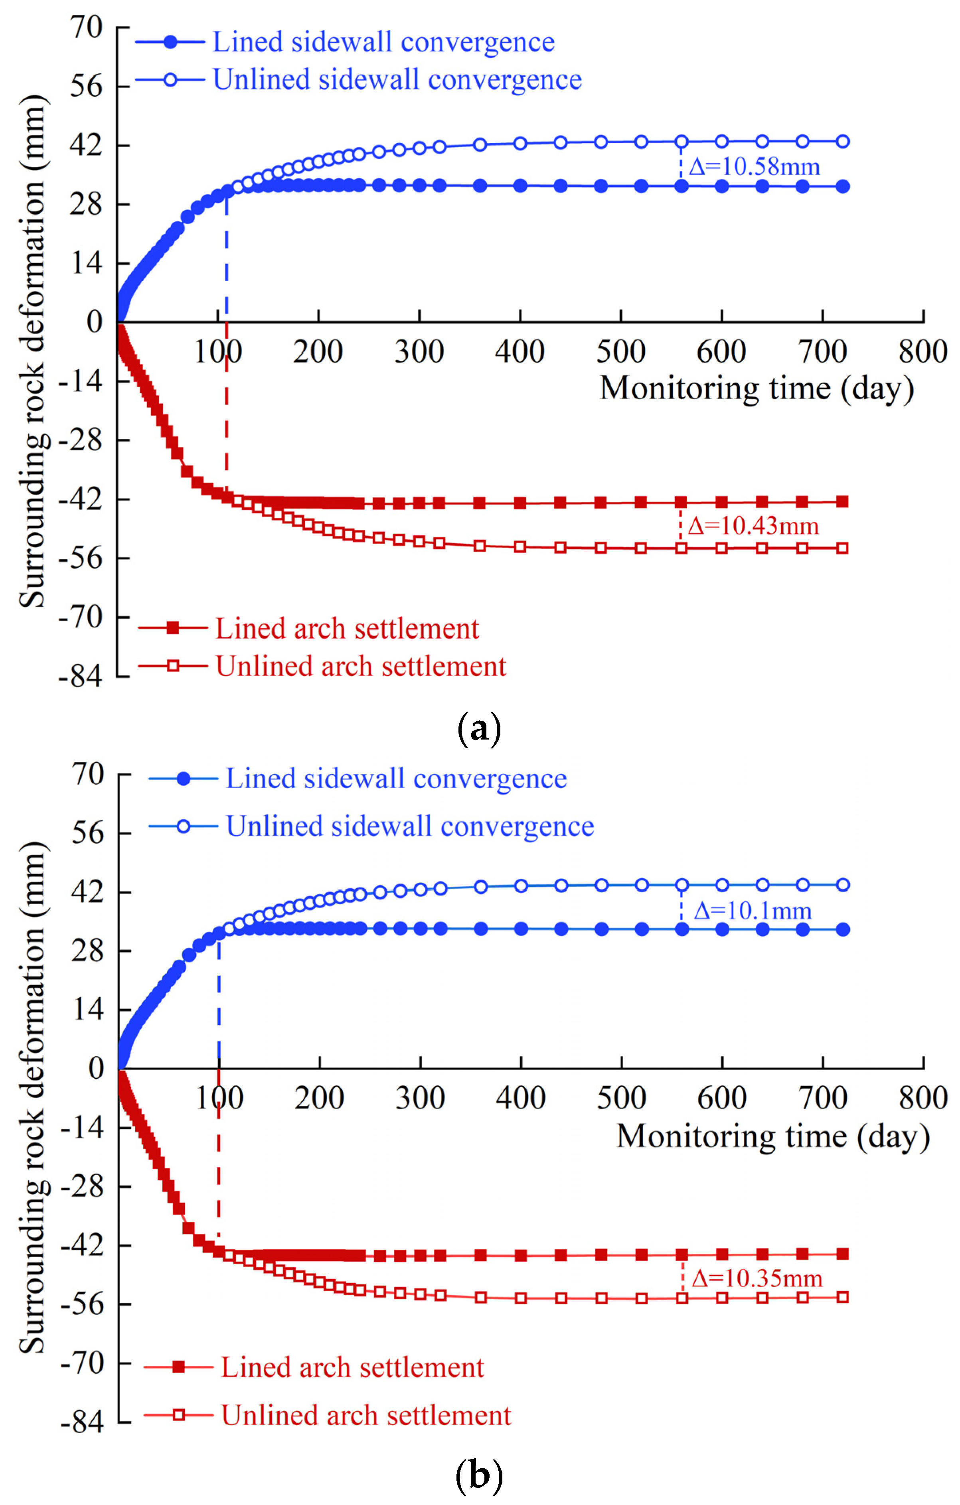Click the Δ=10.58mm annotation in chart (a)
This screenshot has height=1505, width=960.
tap(754, 167)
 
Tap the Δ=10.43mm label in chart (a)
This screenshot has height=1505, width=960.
tap(753, 526)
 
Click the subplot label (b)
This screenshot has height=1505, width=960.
tap(479, 1476)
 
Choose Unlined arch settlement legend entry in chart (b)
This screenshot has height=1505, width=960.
tap(365, 1416)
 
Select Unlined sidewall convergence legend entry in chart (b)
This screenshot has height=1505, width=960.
tap(409, 826)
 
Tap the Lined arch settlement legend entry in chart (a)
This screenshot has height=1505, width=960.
tap(347, 629)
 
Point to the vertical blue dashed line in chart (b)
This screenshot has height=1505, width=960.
tap(219, 1000)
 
